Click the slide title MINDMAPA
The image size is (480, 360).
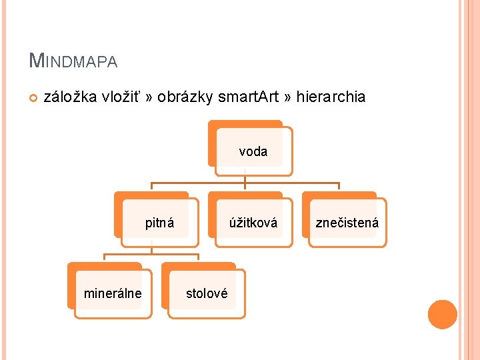click(73, 61)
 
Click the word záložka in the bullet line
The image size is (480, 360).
click(71, 97)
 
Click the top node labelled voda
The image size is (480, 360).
click(253, 151)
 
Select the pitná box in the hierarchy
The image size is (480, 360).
click(159, 223)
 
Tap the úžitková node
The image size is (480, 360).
click(253, 223)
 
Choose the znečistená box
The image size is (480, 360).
click(347, 223)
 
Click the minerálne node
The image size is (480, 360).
click(112, 293)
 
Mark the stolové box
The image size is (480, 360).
click(207, 293)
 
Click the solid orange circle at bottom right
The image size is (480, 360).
click(442, 315)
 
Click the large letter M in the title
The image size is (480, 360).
click(37, 61)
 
